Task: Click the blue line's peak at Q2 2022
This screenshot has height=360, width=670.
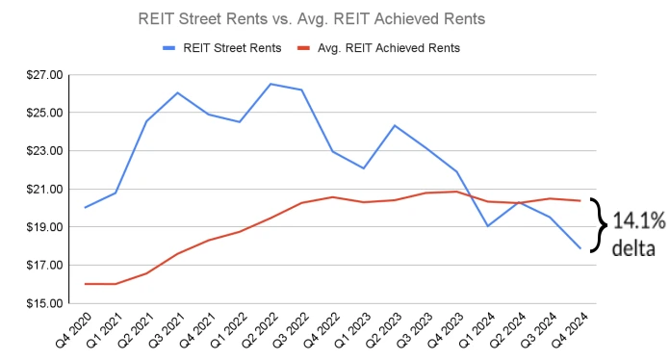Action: [271, 84]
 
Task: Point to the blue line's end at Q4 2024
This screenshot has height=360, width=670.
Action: [580, 248]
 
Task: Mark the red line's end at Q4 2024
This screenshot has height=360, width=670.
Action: [580, 200]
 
